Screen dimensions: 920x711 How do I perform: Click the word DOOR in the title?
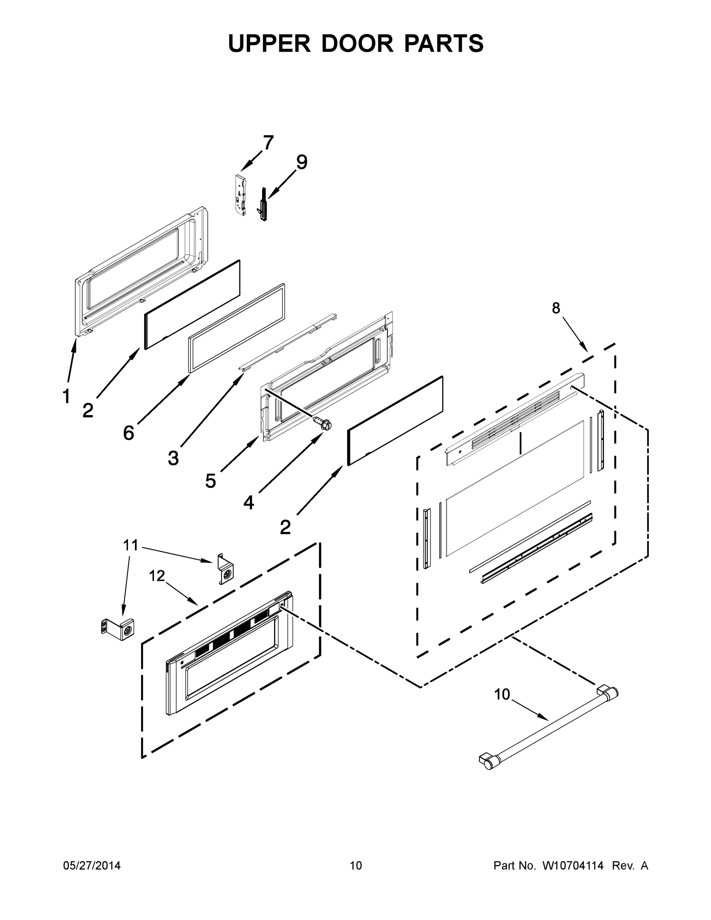tap(357, 43)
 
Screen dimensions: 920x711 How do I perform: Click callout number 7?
tap(268, 143)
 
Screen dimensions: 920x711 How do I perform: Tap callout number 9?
tap(302, 162)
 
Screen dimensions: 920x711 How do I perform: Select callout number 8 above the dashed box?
tap(556, 308)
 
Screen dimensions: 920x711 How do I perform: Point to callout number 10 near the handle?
tap(502, 694)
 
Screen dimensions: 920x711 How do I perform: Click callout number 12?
tap(157, 575)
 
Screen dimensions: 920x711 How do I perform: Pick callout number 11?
tap(131, 545)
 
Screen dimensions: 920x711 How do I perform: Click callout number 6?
tap(129, 433)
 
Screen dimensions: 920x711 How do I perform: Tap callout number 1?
tap(66, 396)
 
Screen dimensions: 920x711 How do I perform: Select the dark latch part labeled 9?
tap(263, 205)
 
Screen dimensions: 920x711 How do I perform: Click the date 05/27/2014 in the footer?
tap(92, 866)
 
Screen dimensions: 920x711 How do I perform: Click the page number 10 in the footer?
tap(356, 866)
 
